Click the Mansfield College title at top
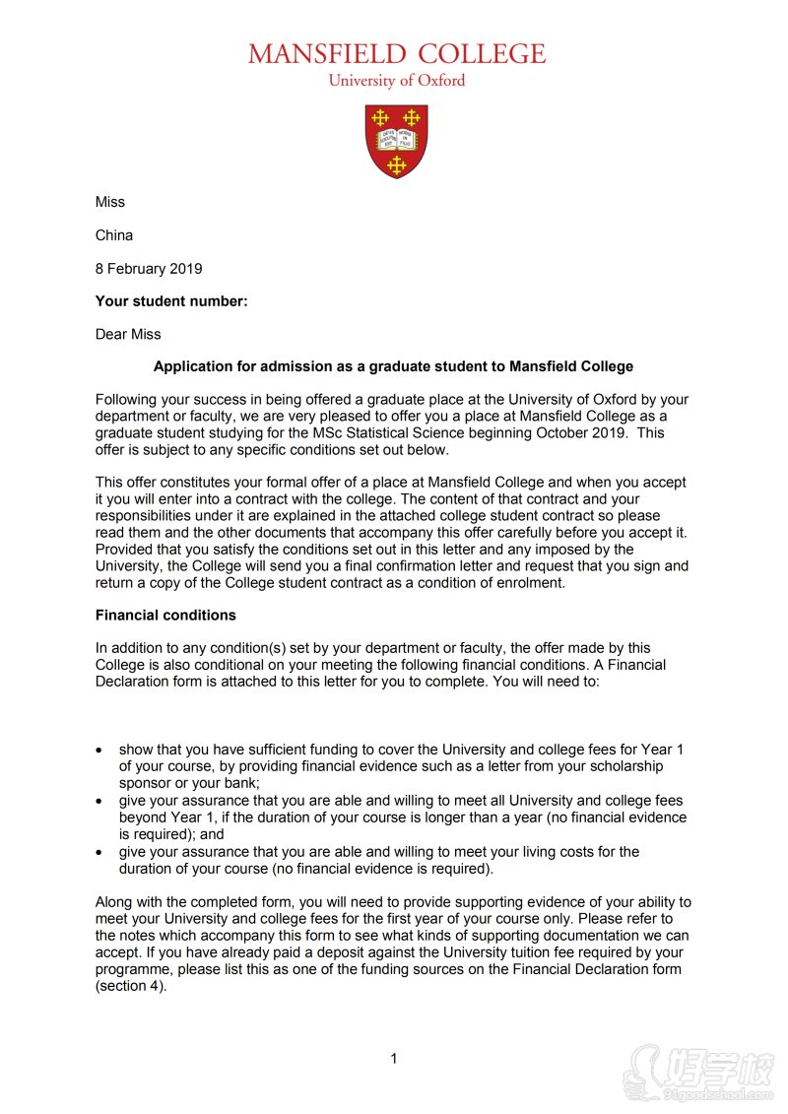(396, 53)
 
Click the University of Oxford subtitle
(396, 81)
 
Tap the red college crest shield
(396, 141)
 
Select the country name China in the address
(114, 235)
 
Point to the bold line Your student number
(171, 301)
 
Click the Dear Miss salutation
(128, 335)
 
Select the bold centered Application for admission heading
(393, 366)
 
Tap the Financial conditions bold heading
(165, 616)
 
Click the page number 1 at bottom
(394, 1059)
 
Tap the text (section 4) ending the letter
(131, 986)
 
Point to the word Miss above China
(110, 202)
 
